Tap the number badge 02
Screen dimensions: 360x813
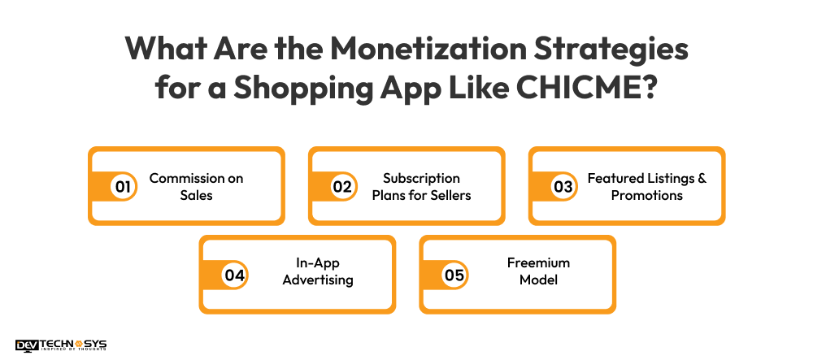(343, 186)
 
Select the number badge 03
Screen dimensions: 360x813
(563, 186)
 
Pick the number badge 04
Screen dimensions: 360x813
(234, 275)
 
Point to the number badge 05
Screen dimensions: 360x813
(454, 275)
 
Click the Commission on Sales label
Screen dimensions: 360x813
(196, 186)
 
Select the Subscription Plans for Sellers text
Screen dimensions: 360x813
(422, 186)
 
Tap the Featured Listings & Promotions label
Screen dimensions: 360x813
(647, 186)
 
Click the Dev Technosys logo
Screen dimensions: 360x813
(61, 345)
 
